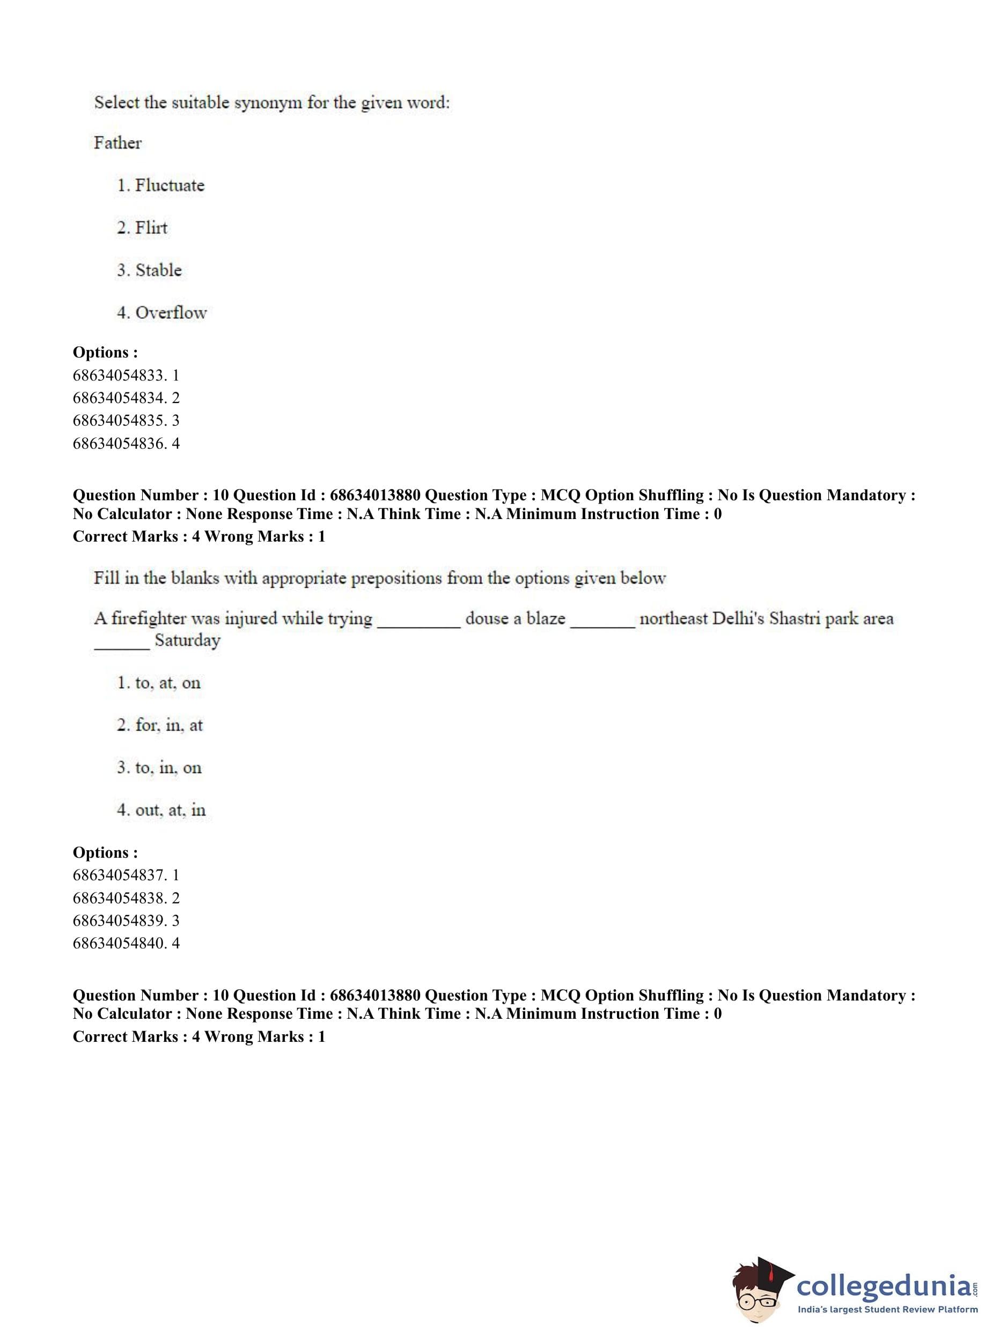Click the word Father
point(117,143)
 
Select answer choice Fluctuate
point(170,186)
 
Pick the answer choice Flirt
point(151,228)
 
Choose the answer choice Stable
point(158,270)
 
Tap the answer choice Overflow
point(171,312)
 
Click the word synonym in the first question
point(268,103)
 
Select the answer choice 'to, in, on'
point(168,768)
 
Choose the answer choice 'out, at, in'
point(170,810)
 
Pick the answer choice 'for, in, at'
point(169,725)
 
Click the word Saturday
point(187,641)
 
